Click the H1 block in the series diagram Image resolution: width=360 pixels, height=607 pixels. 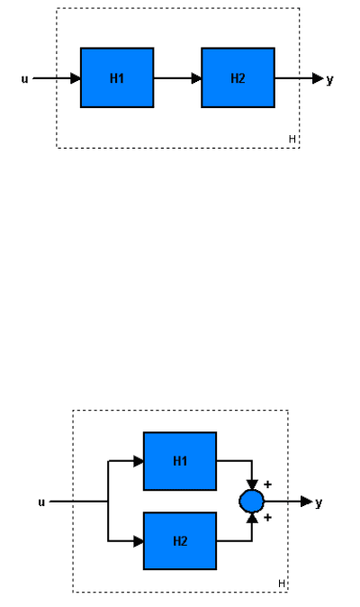[117, 77]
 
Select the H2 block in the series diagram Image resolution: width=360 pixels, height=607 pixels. [238, 77]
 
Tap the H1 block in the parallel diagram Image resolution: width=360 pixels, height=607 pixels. [180, 461]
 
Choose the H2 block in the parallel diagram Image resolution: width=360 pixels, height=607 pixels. [180, 540]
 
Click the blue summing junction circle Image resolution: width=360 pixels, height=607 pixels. [252, 502]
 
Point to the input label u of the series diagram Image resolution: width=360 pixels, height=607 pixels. [24, 79]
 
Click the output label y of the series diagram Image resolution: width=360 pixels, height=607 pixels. [329, 80]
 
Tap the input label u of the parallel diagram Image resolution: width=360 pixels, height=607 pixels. [41, 503]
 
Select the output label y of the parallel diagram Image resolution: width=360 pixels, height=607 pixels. [319, 503]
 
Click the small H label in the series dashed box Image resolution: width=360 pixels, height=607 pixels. [292, 139]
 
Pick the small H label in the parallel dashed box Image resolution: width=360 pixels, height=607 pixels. [282, 584]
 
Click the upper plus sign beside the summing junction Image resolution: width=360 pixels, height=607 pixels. [267, 485]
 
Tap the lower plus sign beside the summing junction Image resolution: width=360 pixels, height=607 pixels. [267, 517]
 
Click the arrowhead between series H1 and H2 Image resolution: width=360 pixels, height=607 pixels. [196, 78]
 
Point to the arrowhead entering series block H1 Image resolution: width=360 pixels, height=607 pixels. [76, 78]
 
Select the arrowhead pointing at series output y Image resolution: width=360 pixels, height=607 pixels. [318, 78]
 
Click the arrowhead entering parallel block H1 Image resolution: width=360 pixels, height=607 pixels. [139, 461]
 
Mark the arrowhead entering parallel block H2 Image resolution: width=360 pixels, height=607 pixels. [139, 541]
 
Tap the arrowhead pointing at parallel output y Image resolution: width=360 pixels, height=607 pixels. [307, 502]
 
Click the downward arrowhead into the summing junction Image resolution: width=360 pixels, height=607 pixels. [252, 485]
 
